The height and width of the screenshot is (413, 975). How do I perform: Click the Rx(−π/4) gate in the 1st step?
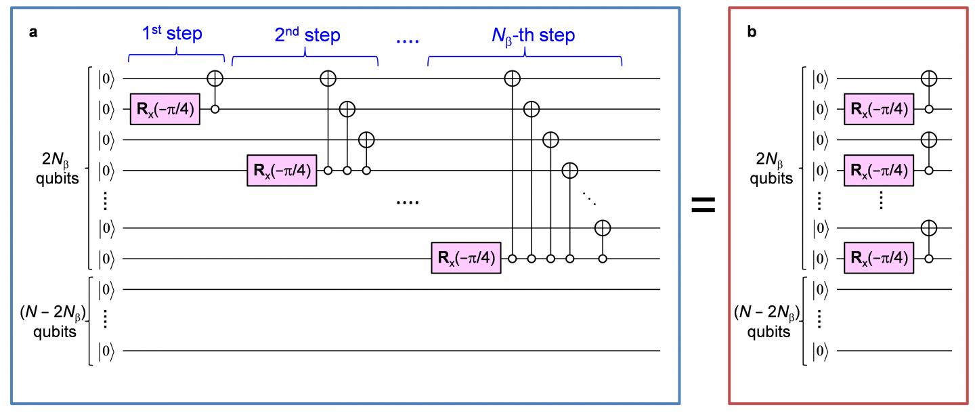coord(165,109)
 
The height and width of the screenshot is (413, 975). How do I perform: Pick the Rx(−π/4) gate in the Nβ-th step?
coord(465,259)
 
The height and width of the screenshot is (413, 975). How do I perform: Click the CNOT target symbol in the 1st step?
coord(215,79)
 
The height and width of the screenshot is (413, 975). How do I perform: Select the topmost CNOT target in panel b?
coord(929,79)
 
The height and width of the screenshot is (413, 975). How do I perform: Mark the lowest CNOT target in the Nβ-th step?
coord(601,228)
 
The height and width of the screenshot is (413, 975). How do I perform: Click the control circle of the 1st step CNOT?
coord(215,109)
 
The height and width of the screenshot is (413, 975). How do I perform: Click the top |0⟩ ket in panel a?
coord(107,79)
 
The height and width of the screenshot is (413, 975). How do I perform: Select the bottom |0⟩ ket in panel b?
coord(821,351)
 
